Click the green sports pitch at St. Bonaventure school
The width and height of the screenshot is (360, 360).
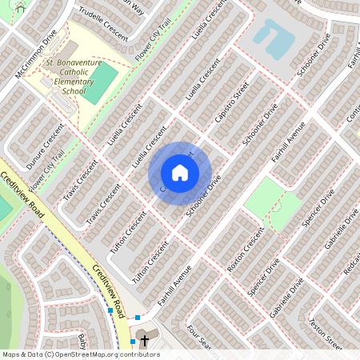pyautogui.click(x=101, y=83)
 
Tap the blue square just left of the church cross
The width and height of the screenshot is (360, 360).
pyautogui.click(x=133, y=341)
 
